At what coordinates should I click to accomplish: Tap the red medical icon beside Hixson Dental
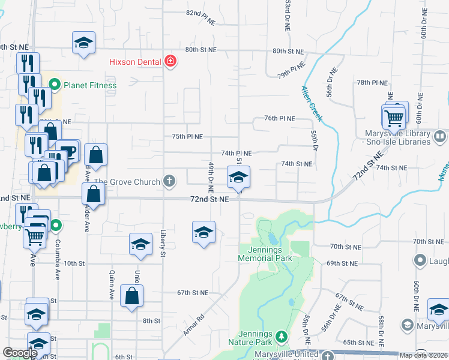point(170,61)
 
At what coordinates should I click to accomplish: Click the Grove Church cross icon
point(170,181)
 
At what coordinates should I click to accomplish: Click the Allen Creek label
point(312,103)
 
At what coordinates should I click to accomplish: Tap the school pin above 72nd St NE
point(238,178)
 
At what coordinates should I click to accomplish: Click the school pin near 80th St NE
point(83,43)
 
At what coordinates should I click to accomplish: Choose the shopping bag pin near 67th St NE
point(131,296)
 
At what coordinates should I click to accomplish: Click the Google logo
point(20,353)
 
